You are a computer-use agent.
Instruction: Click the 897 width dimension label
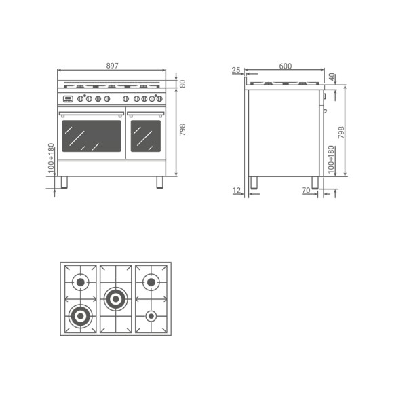point(112,66)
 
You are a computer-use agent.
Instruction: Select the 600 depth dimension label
point(286,66)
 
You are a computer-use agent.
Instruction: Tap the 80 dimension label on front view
point(182,84)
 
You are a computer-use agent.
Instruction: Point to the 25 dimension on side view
point(236,70)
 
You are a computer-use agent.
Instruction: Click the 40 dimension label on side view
point(332,77)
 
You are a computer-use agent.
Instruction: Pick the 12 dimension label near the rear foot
point(237,190)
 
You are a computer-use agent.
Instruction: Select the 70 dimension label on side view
point(306,190)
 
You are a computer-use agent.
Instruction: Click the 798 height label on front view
point(182,130)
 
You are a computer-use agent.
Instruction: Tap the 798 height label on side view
point(341,132)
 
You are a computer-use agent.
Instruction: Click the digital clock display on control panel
point(68,99)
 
